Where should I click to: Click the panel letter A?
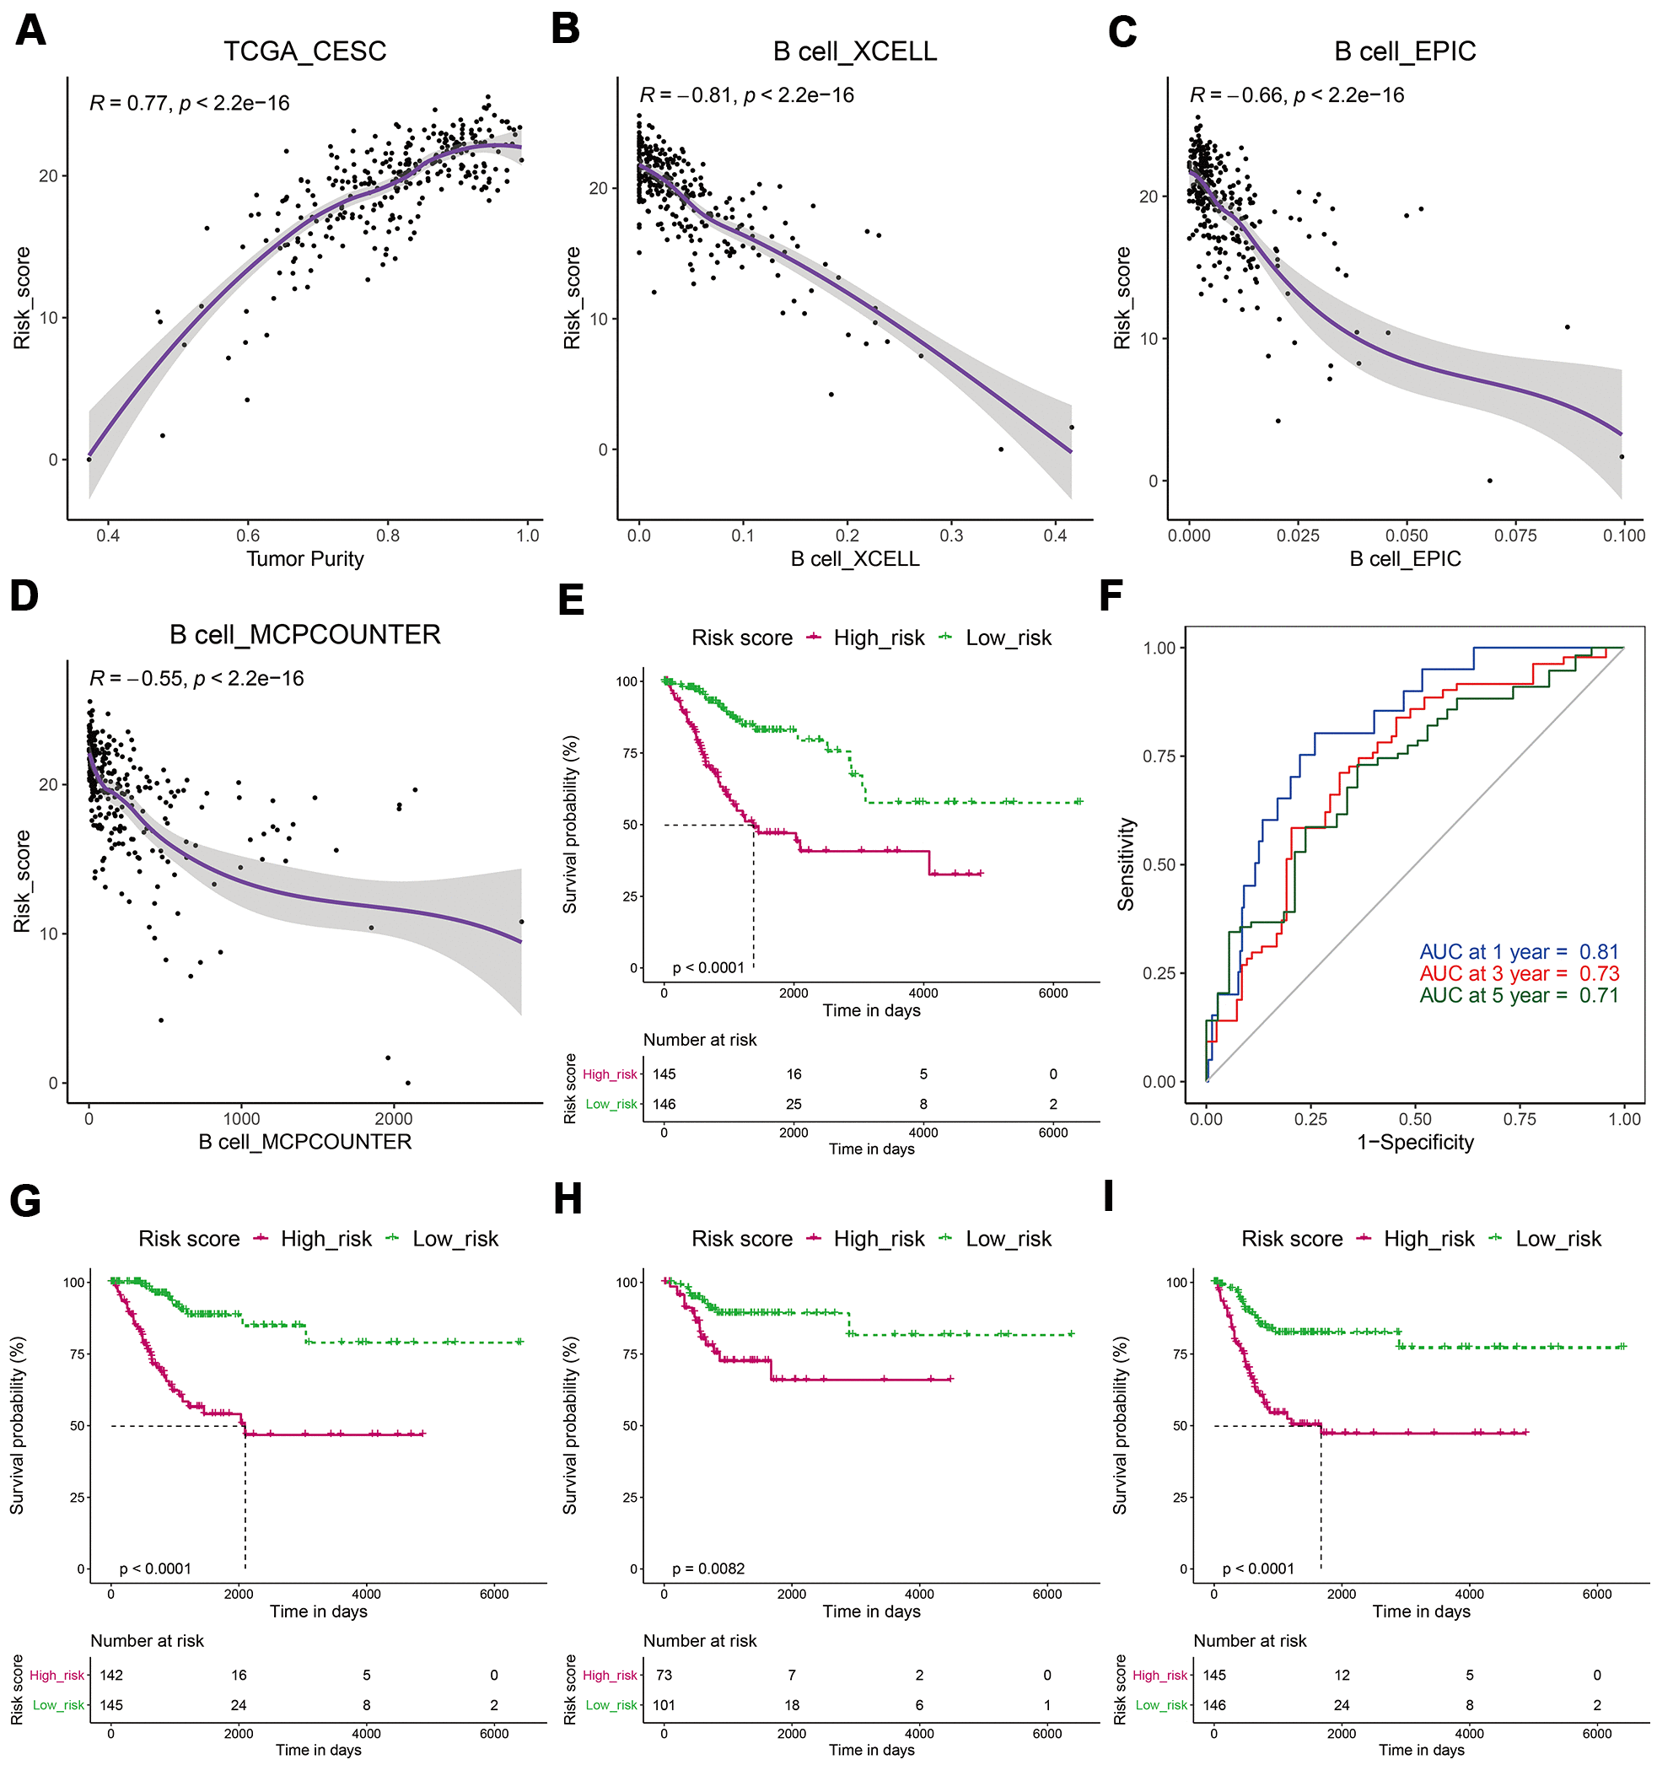30,31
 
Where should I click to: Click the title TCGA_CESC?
304,51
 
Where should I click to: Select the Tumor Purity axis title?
304,558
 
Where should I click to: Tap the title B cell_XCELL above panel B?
854,51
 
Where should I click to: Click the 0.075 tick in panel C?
1515,535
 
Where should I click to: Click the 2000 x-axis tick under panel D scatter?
394,1119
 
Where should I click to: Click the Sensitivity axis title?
1126,864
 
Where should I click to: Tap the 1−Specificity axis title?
1415,1143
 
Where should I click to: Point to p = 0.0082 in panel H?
707,1569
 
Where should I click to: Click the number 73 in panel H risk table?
664,1676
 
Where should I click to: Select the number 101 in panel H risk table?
664,1704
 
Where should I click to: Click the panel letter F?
1111,595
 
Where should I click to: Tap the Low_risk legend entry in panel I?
1557,1239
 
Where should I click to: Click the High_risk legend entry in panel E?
878,638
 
